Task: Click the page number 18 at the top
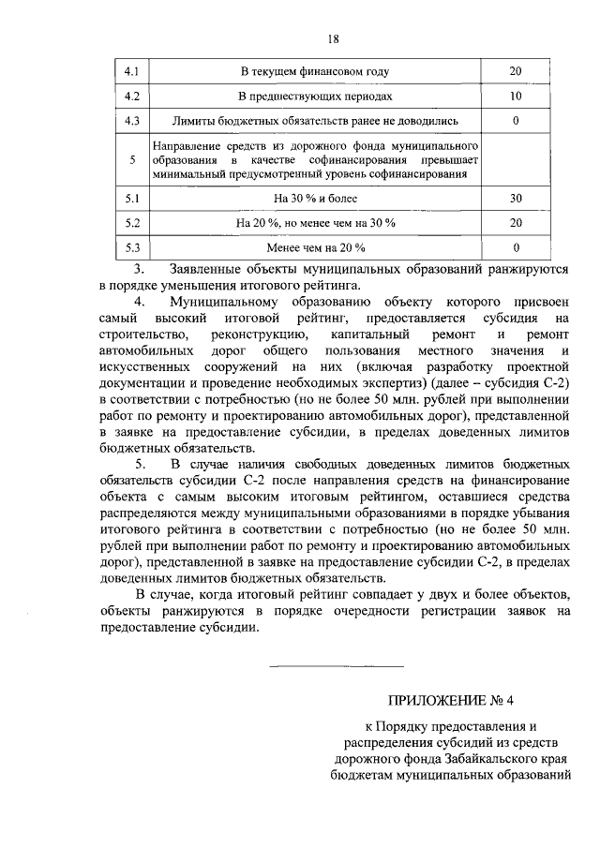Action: (x=333, y=38)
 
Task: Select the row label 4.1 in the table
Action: (x=131, y=71)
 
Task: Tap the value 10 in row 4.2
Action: (x=516, y=96)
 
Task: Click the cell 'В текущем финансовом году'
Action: (x=314, y=71)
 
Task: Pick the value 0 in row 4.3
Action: (x=516, y=121)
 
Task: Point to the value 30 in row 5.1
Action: (x=516, y=199)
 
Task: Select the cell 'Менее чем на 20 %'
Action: (x=314, y=247)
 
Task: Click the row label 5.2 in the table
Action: (x=131, y=223)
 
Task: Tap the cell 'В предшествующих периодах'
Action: (x=314, y=96)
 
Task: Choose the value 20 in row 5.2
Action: (x=516, y=223)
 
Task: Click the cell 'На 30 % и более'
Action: (x=314, y=199)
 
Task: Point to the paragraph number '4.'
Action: (x=142, y=302)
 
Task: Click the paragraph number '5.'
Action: (x=142, y=465)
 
